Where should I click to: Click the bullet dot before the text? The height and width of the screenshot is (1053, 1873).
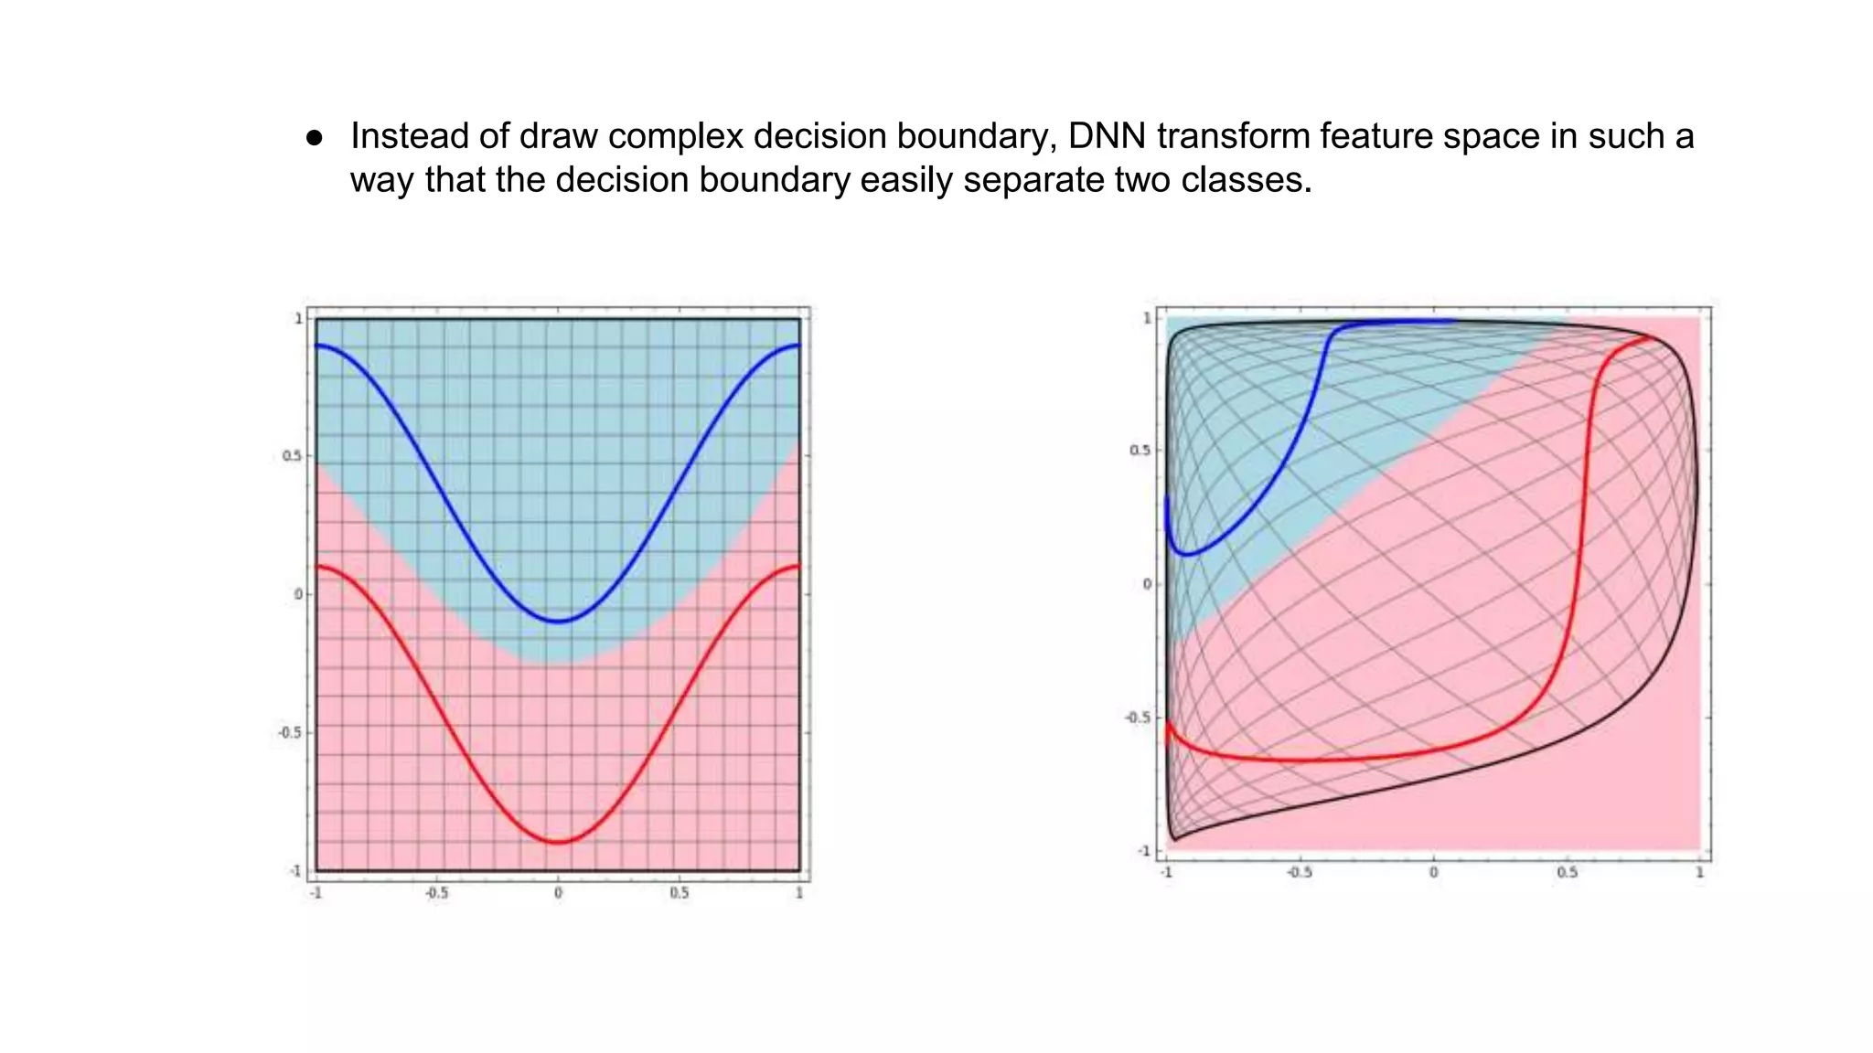(x=315, y=138)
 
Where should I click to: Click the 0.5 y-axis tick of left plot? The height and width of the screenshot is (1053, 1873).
(x=292, y=456)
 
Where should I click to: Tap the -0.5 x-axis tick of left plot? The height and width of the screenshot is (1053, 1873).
(x=437, y=893)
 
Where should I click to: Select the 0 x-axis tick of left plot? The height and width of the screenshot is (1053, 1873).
(x=558, y=893)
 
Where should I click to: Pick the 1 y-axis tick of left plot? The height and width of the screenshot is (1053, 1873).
(x=298, y=319)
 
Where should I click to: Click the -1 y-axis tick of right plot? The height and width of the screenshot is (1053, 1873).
(x=1144, y=851)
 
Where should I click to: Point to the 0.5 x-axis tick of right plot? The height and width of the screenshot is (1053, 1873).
(x=1567, y=873)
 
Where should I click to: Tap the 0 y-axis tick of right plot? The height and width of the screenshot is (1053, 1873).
(x=1148, y=584)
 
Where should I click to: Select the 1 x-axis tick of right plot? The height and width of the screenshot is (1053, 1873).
(x=1699, y=873)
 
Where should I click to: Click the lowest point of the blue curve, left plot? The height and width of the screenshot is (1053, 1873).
(x=558, y=622)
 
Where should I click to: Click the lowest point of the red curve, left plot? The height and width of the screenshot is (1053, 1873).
(x=558, y=842)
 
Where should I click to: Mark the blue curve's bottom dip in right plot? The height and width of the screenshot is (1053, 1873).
(x=1185, y=554)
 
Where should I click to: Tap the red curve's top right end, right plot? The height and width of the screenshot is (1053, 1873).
(x=1652, y=338)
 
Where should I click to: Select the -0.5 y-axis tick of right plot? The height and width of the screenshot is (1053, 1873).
(x=1139, y=718)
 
